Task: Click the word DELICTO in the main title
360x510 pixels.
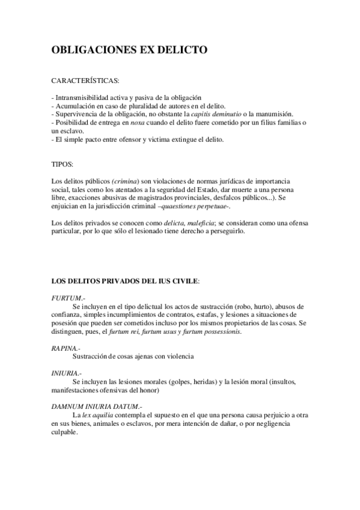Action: pyautogui.click(x=183, y=52)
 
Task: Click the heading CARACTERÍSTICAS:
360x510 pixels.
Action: pyautogui.click(x=85, y=80)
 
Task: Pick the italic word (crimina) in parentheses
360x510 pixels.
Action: pyautogui.click(x=126, y=182)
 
